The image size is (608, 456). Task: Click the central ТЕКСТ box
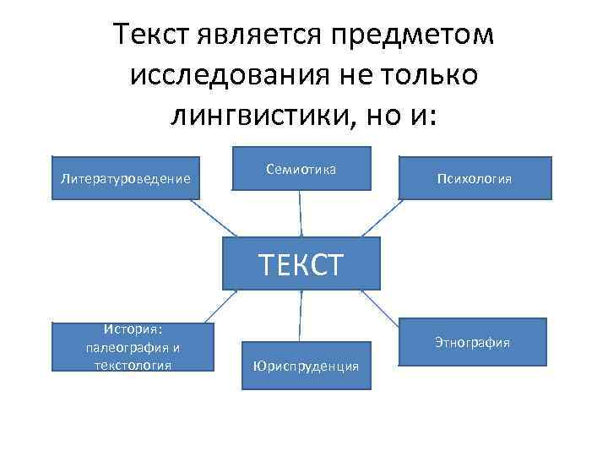coord(301,263)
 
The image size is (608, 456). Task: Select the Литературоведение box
coord(126,178)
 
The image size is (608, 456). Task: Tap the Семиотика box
coord(301,170)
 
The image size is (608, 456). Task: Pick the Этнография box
coord(472,342)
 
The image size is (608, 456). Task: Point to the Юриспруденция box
coord(305,366)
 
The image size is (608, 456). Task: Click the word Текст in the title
coord(153,35)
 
